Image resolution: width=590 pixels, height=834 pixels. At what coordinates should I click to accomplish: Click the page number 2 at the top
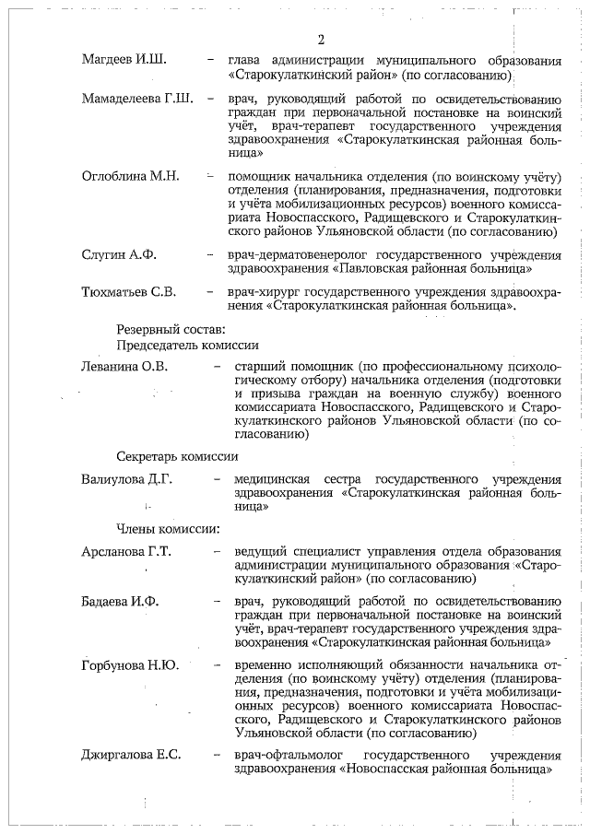(x=321, y=40)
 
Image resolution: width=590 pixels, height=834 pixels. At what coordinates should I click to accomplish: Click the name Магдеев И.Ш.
(x=124, y=60)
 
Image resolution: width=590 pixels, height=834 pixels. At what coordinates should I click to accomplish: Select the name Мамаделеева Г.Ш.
(x=137, y=100)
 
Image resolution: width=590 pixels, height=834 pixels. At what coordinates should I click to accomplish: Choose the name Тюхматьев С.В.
(x=128, y=292)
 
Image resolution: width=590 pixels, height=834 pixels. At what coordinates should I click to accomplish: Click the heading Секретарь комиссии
(x=177, y=456)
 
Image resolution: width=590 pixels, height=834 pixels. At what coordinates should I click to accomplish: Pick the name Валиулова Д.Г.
(x=127, y=479)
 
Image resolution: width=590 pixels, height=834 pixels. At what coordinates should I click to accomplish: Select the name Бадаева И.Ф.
(x=121, y=602)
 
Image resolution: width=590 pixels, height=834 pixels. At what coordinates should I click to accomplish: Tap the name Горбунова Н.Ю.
(x=129, y=665)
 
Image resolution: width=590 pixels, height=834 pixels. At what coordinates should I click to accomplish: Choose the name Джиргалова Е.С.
(x=131, y=755)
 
